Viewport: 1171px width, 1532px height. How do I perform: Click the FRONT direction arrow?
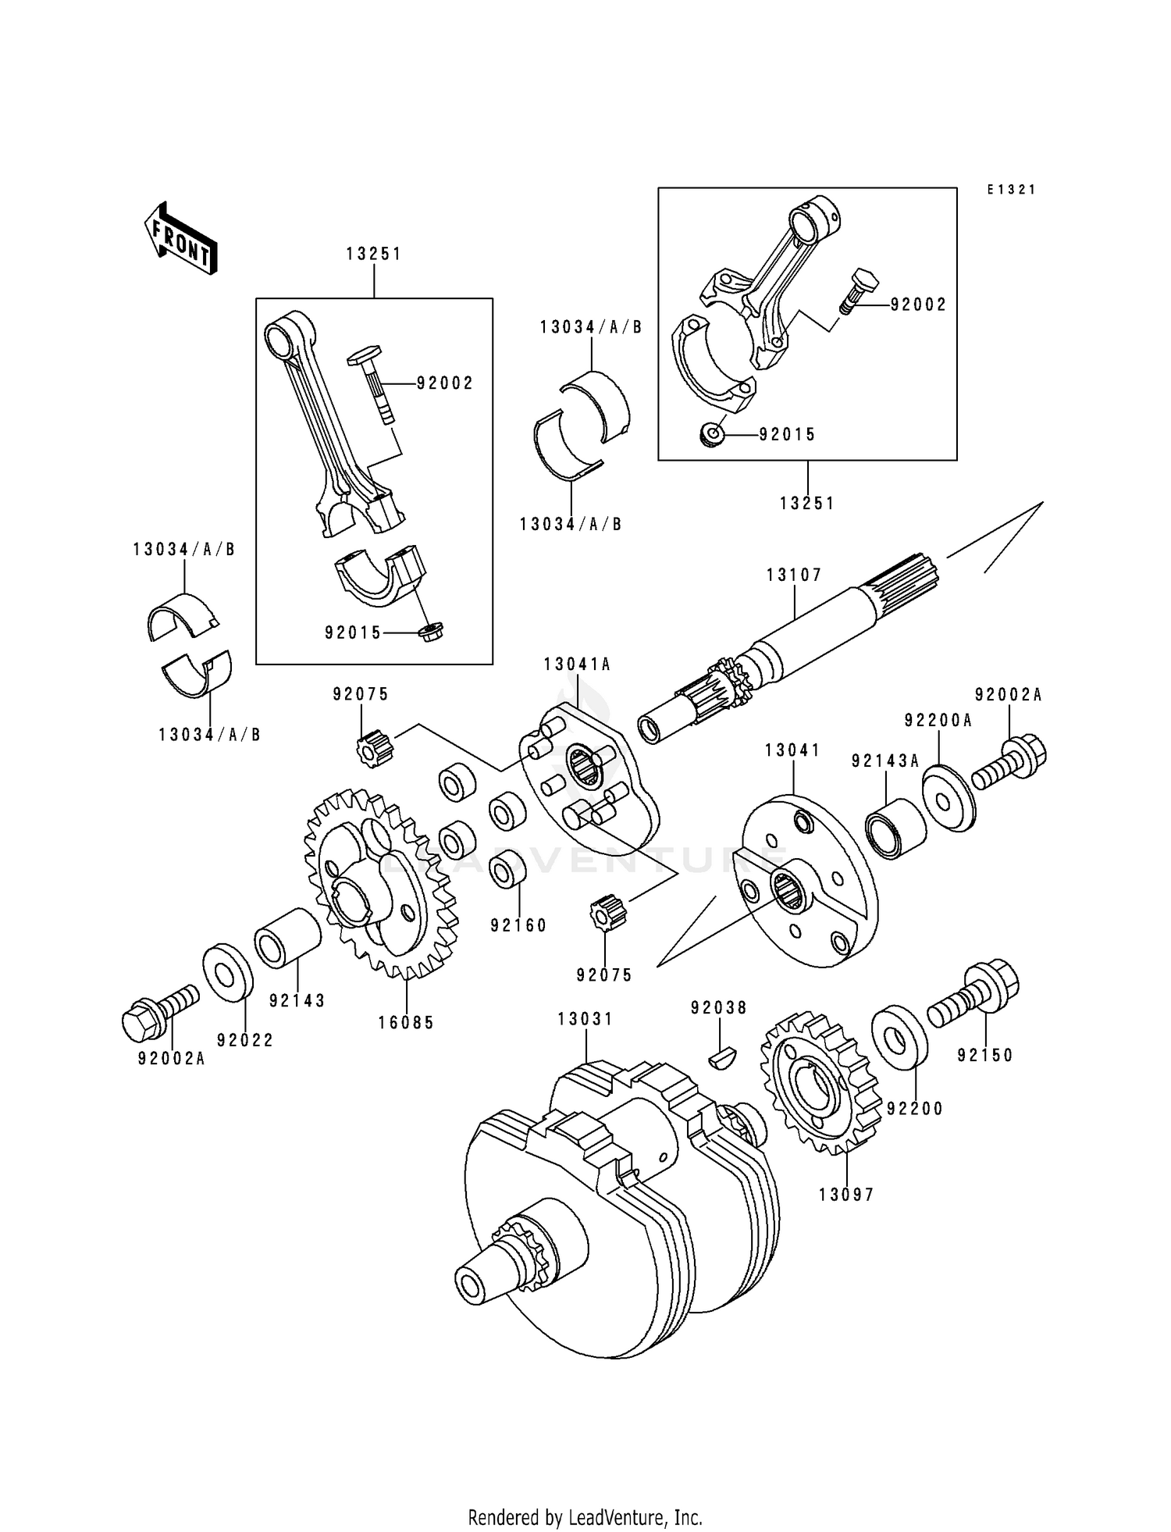tap(180, 238)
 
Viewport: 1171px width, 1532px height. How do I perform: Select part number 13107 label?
tap(794, 575)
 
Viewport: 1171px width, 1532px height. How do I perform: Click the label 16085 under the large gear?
tap(406, 1023)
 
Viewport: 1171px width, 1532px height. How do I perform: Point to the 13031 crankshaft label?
tap(585, 1019)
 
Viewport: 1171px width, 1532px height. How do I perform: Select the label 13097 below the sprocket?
tap(847, 1195)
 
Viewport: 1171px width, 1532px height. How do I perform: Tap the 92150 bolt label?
tap(985, 1056)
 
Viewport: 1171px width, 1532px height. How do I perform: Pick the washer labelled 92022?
tap(228, 972)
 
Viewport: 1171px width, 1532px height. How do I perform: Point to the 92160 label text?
tap(518, 925)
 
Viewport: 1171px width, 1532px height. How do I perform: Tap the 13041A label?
tap(578, 664)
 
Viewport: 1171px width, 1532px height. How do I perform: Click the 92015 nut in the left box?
tap(430, 632)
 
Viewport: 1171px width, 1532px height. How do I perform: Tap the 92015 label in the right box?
tap(787, 435)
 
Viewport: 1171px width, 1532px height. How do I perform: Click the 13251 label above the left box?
tap(374, 254)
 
